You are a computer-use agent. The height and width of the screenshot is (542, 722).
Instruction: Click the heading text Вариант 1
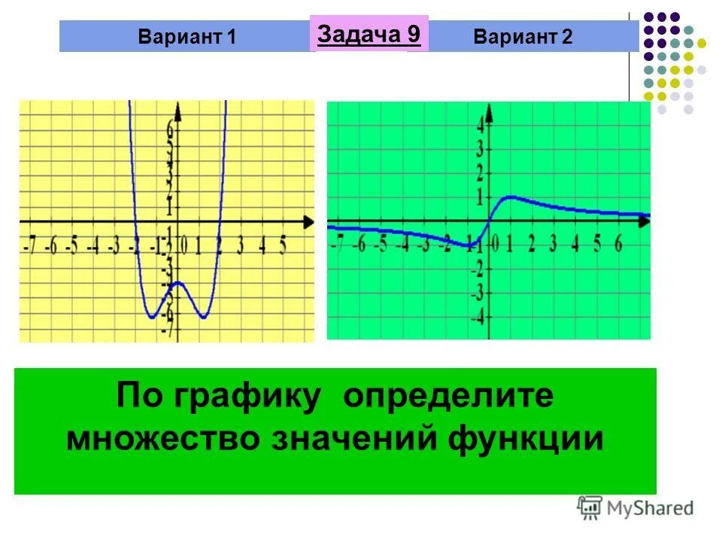[x=187, y=37]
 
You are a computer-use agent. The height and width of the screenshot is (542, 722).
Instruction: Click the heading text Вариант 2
[x=523, y=37]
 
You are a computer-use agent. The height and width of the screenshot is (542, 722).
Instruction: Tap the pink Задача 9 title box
[x=369, y=34]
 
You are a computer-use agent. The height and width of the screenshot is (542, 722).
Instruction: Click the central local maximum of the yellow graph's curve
[x=177, y=282]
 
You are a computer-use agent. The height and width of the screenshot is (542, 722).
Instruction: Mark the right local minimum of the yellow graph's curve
[x=202, y=317]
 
